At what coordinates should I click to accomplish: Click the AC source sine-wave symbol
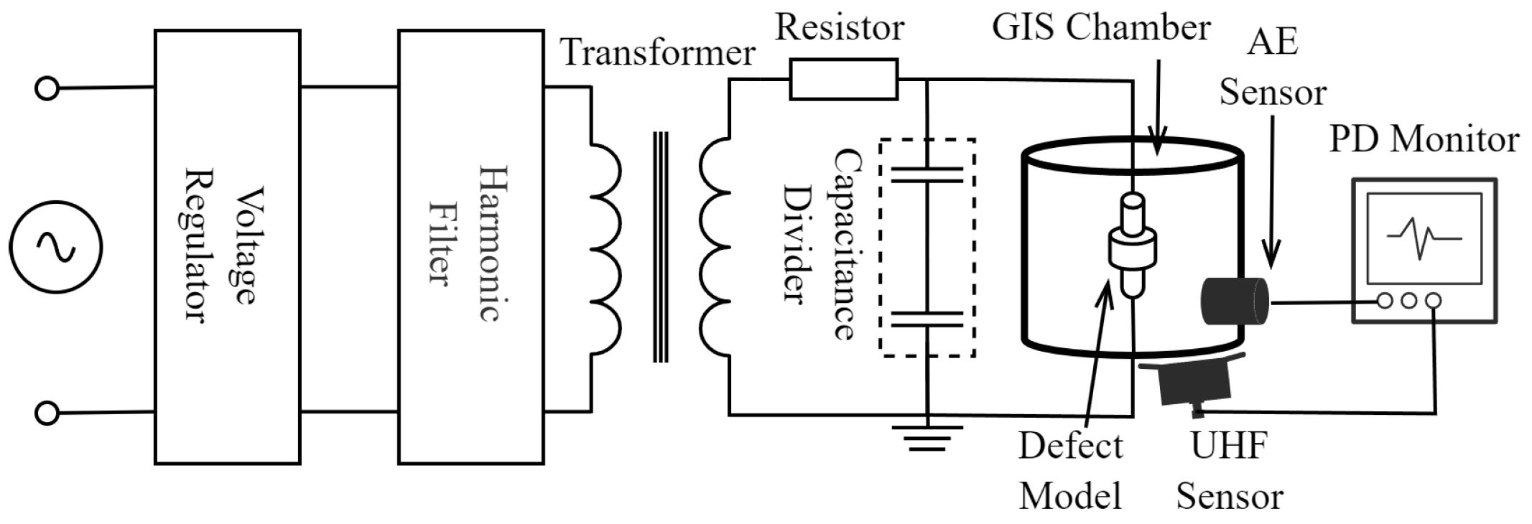pos(55,246)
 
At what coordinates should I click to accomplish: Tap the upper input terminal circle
pos(47,89)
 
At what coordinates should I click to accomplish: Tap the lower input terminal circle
pos(47,413)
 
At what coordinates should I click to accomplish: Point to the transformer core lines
pos(660,246)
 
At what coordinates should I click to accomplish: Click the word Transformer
pos(657,52)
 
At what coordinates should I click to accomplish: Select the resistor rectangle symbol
pos(844,79)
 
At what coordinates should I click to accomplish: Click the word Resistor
pos(840,27)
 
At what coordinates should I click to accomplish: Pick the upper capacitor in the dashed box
pos(927,174)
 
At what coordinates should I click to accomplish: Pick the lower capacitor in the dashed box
pos(927,319)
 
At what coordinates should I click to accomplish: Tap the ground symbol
pos(927,438)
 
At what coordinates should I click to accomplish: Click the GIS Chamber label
pos(1101,27)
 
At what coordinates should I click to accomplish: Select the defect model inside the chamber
pos(1133,248)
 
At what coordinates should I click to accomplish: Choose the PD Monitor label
pos(1424,139)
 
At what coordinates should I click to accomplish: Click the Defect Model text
pos(1070,471)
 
